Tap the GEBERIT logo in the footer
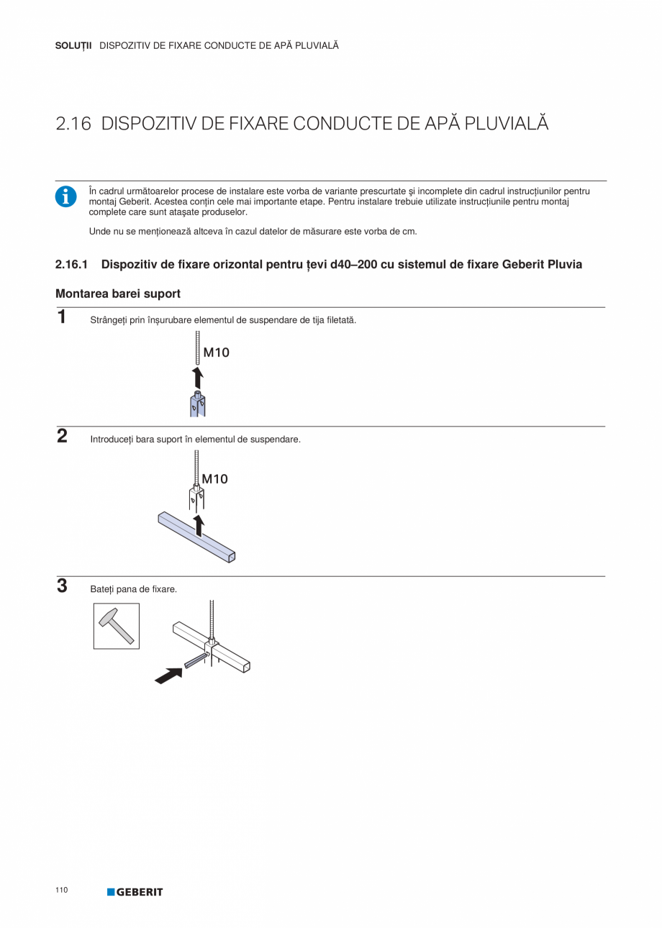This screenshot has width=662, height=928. click(x=135, y=892)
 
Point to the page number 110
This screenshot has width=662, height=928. click(x=61, y=891)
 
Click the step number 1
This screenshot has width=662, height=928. click(x=62, y=317)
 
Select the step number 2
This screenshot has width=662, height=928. click(x=62, y=436)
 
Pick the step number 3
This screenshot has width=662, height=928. click(x=62, y=586)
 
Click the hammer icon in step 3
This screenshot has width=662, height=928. click(x=117, y=626)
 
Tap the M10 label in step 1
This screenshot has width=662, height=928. click(x=216, y=352)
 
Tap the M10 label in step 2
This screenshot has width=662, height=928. click(x=214, y=478)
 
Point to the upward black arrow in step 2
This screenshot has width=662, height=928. click(x=199, y=525)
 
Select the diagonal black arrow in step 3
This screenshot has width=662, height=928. click(x=168, y=675)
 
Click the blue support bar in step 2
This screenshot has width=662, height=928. click(x=196, y=537)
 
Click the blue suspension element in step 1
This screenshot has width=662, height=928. click(x=198, y=405)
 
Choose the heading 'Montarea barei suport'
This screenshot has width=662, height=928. click(x=118, y=294)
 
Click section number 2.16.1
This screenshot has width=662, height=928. click(x=71, y=264)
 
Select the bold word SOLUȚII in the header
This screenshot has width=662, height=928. click(x=73, y=45)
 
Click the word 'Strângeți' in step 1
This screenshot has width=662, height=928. click(x=108, y=319)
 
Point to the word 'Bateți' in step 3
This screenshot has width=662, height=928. click(x=101, y=589)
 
